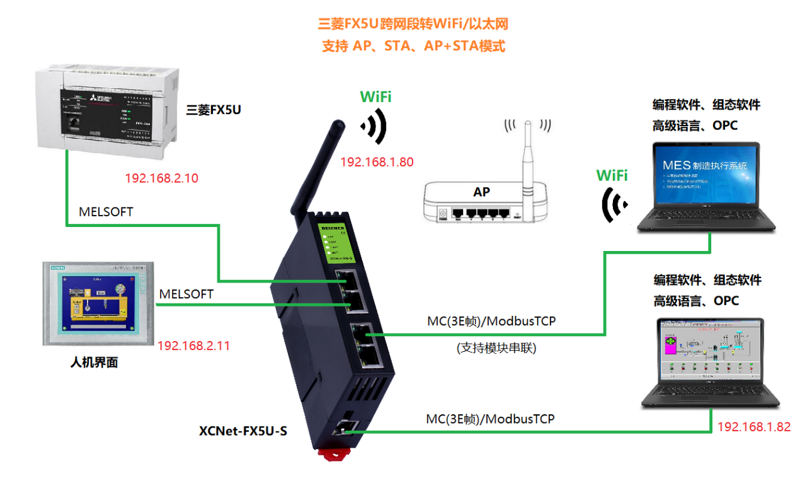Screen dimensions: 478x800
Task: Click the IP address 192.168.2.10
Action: pos(161,178)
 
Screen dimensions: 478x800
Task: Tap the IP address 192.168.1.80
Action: pos(377,162)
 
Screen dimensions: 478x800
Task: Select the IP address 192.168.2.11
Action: pos(193,346)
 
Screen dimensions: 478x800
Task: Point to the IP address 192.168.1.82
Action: pos(753,426)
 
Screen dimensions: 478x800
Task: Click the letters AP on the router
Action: pos(481,191)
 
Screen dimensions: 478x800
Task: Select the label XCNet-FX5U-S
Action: pos(243,431)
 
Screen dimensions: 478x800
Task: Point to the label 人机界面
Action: pos(94,363)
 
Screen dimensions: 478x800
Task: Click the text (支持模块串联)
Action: pos(496,347)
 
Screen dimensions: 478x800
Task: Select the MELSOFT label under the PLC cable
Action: pos(106,212)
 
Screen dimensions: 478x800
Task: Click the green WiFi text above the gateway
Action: pos(375,96)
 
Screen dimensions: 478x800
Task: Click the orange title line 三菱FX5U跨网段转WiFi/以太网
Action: pos(413,25)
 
